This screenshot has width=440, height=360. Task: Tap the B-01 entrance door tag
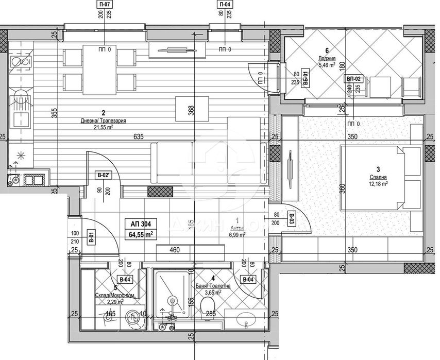91,238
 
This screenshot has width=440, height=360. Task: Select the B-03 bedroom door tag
292,219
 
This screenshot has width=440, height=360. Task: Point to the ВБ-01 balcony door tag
306,77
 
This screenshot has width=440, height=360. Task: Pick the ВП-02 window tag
354,79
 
